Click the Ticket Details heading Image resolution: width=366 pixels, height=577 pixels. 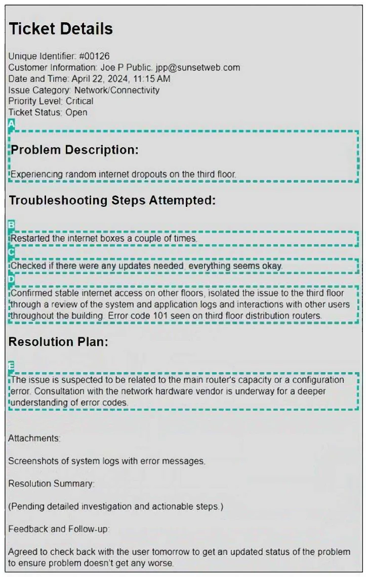coord(61,29)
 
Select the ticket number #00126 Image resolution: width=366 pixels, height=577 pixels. coord(94,56)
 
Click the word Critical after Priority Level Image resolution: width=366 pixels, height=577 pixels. coord(79,101)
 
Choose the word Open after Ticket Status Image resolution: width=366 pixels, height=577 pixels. coord(76,112)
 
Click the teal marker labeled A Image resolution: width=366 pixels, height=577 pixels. coord(12,123)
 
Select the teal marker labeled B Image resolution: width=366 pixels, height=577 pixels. coord(12,225)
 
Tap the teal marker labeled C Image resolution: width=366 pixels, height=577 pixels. coord(12,252)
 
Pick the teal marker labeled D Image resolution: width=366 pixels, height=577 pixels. coord(12,279)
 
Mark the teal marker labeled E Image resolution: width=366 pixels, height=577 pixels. coord(12,366)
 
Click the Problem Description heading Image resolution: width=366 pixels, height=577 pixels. coord(74,150)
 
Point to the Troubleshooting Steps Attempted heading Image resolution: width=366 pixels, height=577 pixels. coord(112,201)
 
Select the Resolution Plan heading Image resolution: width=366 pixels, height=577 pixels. coord(58,342)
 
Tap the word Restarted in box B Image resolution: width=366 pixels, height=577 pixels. coord(30,238)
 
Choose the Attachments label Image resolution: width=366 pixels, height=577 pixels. coord(33,438)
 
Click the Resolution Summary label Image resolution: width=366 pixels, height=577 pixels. coord(51,484)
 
